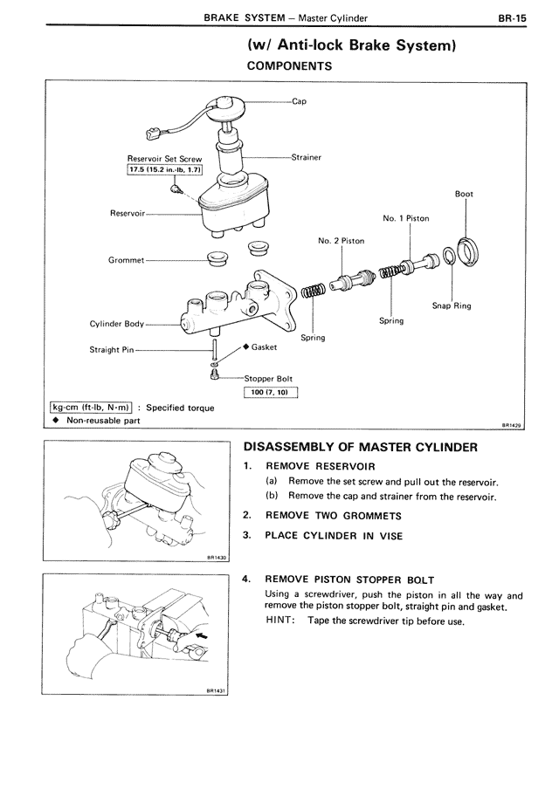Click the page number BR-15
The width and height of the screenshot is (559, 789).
513,16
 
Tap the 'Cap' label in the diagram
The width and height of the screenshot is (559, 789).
299,101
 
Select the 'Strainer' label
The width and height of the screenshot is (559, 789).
306,157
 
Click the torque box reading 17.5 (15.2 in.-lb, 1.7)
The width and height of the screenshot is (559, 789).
164,170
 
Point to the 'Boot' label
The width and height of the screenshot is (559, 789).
464,194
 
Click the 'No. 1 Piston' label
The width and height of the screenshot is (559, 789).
405,218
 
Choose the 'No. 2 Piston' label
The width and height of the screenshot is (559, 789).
342,241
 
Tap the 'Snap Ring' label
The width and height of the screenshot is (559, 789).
451,305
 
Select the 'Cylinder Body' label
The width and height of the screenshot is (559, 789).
116,324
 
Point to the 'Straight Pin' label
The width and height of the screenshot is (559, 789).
112,350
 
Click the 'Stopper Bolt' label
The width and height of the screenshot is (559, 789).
268,379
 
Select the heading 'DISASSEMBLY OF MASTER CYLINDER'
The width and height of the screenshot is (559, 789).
360,448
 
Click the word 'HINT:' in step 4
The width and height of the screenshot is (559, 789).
280,621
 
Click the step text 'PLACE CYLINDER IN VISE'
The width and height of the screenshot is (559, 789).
334,536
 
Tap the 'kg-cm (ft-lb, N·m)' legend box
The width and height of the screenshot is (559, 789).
91,407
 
